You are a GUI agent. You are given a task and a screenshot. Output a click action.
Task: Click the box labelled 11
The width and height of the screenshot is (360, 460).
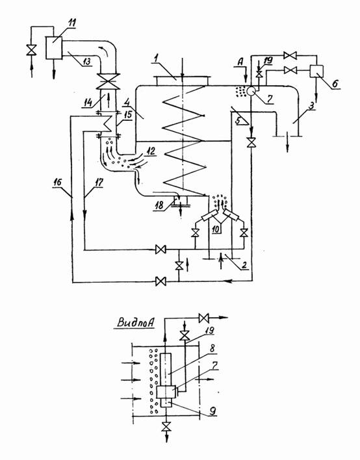54,47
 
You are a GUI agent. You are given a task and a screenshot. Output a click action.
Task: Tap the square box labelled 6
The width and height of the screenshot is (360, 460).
316,71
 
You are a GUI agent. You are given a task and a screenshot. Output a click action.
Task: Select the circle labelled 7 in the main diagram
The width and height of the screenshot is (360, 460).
251,91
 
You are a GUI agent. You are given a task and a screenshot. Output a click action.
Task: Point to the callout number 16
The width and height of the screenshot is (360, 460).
58,182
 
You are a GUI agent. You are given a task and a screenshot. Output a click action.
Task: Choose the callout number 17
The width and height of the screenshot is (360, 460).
99,183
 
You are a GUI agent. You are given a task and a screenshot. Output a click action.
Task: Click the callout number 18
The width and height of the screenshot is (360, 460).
159,205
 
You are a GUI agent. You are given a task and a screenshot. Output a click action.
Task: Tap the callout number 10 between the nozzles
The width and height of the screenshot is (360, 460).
216,229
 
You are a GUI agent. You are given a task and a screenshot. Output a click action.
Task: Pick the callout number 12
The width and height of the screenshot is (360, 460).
151,151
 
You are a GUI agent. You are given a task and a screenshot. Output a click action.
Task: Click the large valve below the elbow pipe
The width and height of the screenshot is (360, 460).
109,81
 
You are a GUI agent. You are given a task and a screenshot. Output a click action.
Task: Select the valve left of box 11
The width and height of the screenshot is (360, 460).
31,50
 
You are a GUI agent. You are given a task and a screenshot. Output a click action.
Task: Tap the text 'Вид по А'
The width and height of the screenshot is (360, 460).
136,322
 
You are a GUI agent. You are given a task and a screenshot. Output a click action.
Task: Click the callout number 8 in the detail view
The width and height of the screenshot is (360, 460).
212,348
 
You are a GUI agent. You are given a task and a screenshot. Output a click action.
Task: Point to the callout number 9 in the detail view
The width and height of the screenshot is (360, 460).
212,411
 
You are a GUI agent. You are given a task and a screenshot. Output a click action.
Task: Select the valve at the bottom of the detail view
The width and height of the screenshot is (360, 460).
167,427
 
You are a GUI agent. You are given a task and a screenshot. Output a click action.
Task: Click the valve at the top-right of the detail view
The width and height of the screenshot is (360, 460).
203,318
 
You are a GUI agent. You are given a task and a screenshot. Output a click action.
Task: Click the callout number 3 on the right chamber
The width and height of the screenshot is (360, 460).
312,105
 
